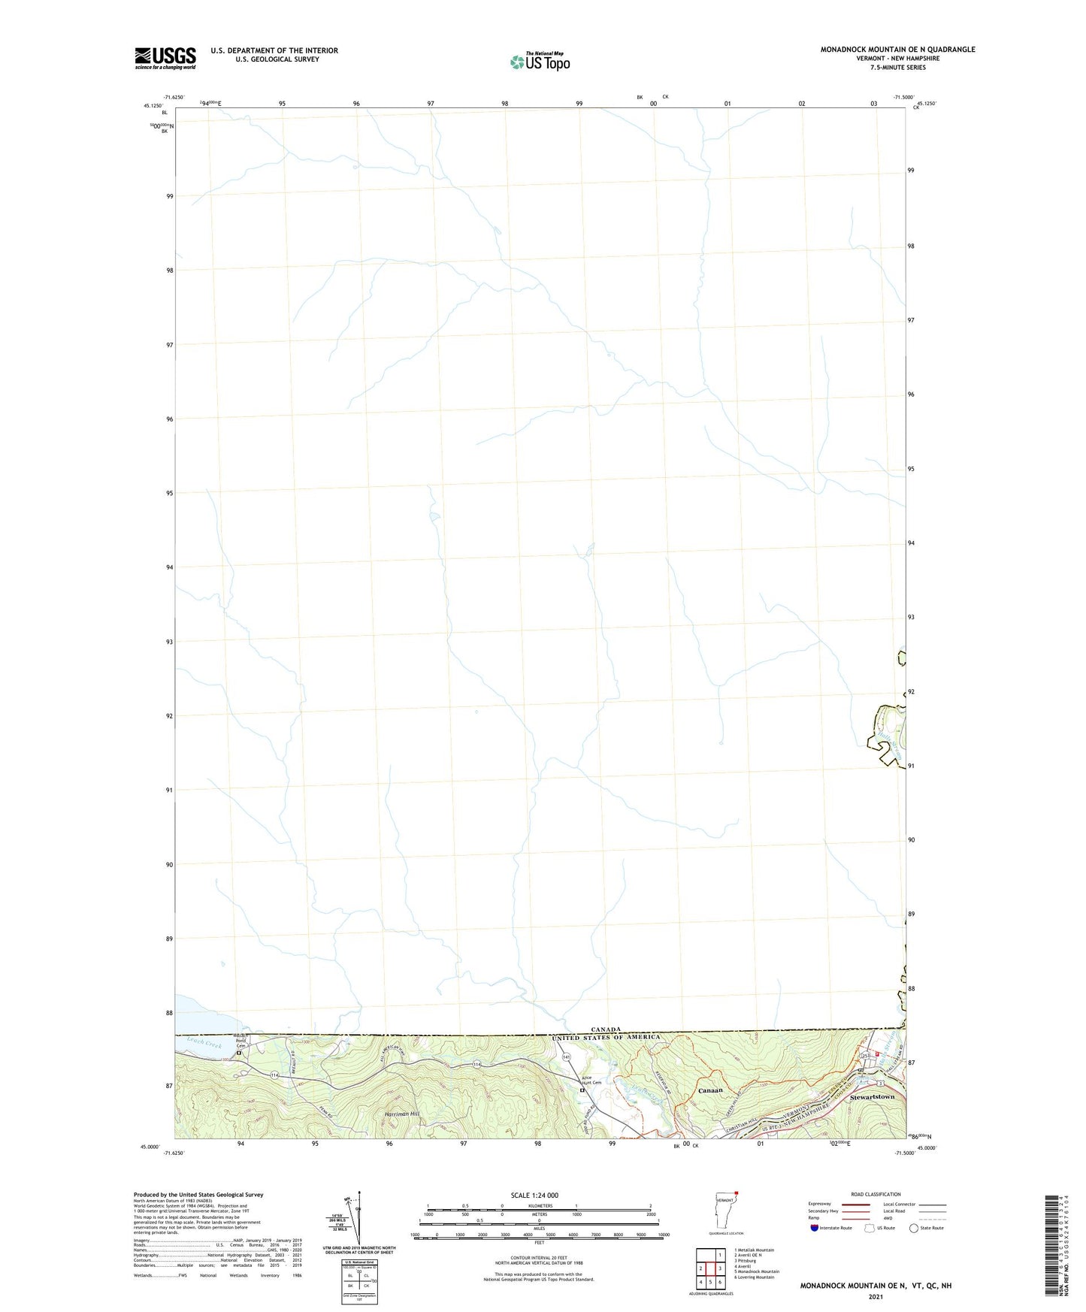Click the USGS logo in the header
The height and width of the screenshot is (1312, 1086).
(x=165, y=57)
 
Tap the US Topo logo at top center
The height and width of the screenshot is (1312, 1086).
(x=540, y=62)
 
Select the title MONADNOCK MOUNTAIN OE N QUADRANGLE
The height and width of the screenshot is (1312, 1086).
(x=897, y=50)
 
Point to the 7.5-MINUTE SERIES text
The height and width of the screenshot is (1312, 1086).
(x=897, y=68)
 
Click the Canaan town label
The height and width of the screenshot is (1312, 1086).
(x=709, y=1090)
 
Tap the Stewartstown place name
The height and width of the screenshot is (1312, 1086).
(x=872, y=1097)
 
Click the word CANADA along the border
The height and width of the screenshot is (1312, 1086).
(x=605, y=1029)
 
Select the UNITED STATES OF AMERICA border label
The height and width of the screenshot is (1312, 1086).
(x=606, y=1038)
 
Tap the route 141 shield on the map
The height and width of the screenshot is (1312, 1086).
(x=566, y=1057)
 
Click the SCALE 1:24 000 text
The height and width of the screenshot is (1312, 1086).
(x=534, y=1196)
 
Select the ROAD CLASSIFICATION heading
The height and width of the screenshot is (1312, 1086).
(x=876, y=1194)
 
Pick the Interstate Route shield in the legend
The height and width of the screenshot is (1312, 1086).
(x=815, y=1228)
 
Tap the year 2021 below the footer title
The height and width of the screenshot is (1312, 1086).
(x=875, y=1296)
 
